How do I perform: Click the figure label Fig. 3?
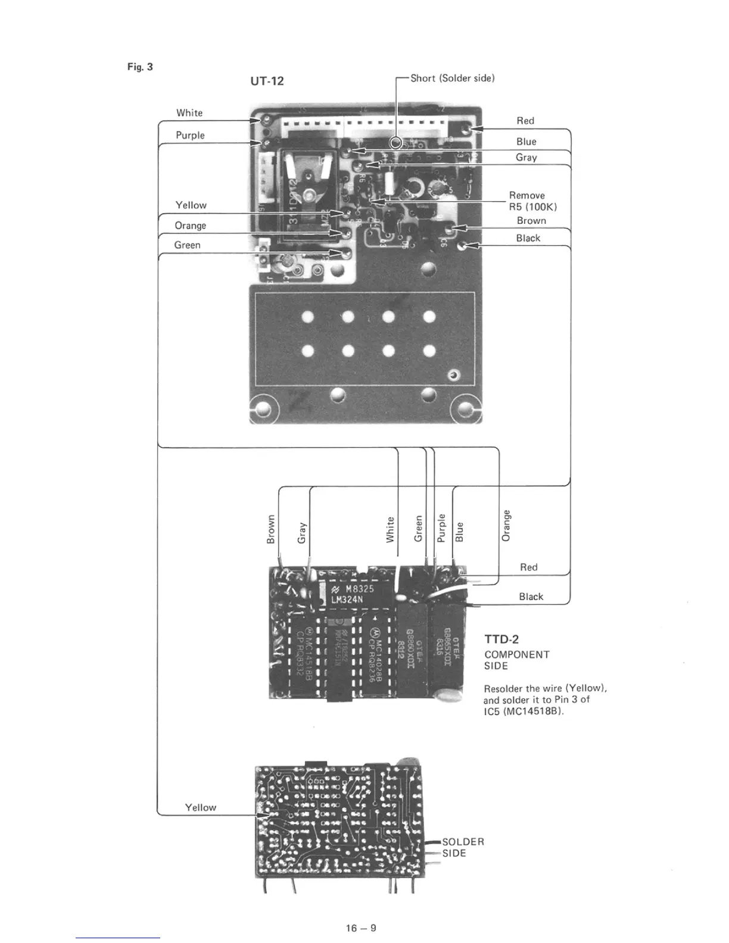pos(140,67)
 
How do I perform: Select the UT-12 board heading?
pos(267,81)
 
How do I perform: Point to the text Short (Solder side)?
pos(453,78)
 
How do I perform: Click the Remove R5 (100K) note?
pos(532,201)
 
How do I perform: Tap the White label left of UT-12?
pos(189,113)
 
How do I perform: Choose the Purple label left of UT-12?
pos(190,135)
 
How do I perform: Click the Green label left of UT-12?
pos(187,245)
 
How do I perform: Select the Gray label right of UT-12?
pos(526,157)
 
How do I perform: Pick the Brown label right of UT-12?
pos(531,220)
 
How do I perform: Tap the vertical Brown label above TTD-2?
pos(271,529)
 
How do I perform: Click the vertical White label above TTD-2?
pos(390,529)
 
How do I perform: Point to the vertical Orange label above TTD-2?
pos(506,525)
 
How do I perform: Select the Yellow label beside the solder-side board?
pos(200,807)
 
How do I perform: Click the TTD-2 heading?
pos(501,639)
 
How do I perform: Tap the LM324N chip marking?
pos(347,599)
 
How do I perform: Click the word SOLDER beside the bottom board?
pos(463,842)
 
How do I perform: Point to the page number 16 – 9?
pos(362,928)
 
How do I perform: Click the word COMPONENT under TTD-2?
pos(517,654)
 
